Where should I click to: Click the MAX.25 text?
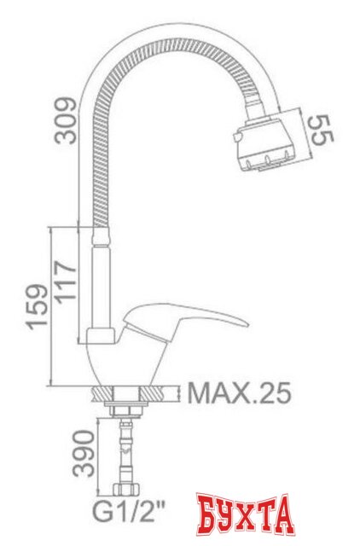tap(239, 394)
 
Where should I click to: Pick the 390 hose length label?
tap(82, 455)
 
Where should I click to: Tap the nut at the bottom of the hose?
tap(125, 491)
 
